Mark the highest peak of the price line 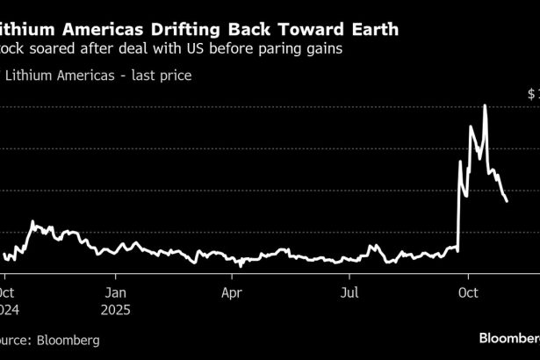coord(485,105)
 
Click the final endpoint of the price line coord(507,201)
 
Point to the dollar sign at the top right coord(531,92)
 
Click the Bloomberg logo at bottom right coord(509,337)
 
